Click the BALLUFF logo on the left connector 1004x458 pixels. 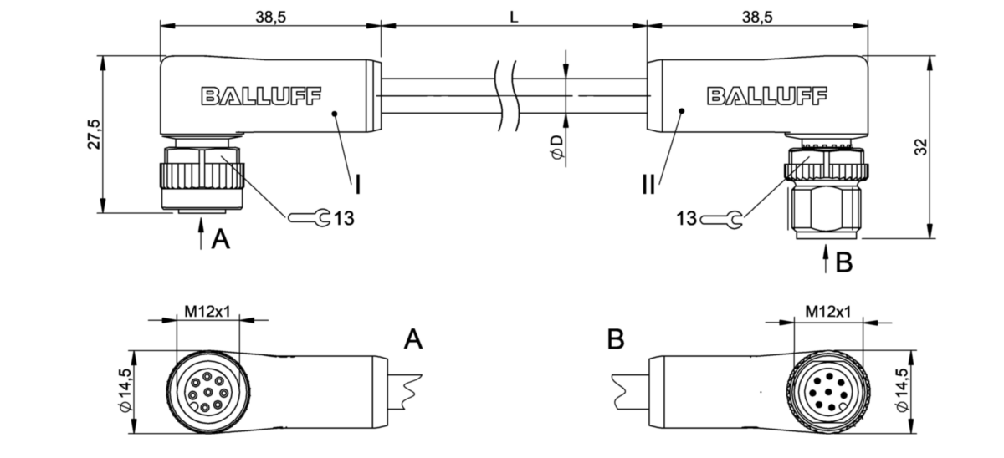pos(260,96)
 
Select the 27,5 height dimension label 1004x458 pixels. pos(94,135)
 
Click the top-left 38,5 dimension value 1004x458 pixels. pos(269,17)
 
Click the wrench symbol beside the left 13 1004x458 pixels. pos(309,219)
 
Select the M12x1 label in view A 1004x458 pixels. pos(207,312)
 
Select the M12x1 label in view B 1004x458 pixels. pos(827,312)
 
